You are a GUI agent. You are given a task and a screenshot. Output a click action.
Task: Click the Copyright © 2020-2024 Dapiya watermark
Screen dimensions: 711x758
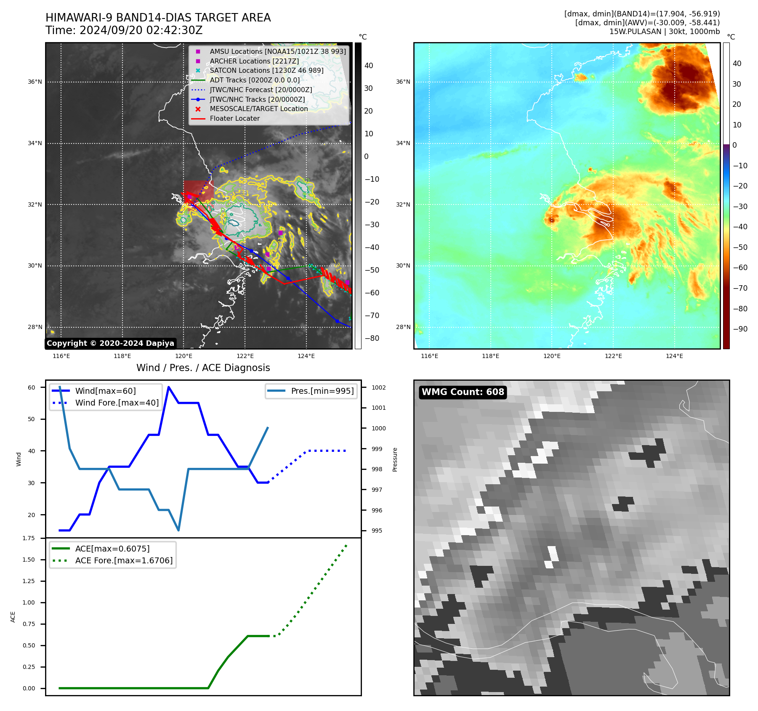tap(110, 343)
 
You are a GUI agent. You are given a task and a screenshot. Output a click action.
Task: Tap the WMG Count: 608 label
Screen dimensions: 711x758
tap(463, 392)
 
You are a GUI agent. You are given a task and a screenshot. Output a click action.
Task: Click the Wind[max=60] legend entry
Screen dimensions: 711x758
tap(105, 391)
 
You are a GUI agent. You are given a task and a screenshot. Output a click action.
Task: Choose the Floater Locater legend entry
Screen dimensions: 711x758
tap(234, 119)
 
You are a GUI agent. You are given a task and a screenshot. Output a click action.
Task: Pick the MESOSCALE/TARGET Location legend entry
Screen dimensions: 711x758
tap(258, 109)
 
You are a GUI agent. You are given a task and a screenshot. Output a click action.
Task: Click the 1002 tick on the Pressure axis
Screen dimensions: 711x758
tap(378, 387)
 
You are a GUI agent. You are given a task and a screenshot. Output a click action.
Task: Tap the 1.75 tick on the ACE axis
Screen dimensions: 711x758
tap(29, 538)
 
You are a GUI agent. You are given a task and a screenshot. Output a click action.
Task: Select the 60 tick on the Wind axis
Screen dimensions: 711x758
tap(32, 387)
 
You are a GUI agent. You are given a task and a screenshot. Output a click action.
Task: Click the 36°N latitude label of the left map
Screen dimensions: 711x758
tap(35, 82)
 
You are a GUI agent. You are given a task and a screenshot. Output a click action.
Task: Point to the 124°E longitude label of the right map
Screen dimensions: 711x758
tap(674, 356)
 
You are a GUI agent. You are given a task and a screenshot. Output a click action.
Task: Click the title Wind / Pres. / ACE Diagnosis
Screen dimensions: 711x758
tap(203, 368)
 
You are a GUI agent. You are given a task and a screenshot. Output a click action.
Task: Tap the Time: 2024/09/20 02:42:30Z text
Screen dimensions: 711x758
tap(124, 30)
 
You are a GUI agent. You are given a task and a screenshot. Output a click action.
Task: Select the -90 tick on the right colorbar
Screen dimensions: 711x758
tap(740, 329)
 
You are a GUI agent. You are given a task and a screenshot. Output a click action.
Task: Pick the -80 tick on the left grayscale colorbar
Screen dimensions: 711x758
tap(372, 338)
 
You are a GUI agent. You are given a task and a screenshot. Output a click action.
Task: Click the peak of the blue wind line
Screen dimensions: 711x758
tap(169, 387)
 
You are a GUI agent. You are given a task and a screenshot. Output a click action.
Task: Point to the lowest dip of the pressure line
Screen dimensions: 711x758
tap(178, 530)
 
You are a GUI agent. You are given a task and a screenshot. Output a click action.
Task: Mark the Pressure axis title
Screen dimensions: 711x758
tap(395, 459)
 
